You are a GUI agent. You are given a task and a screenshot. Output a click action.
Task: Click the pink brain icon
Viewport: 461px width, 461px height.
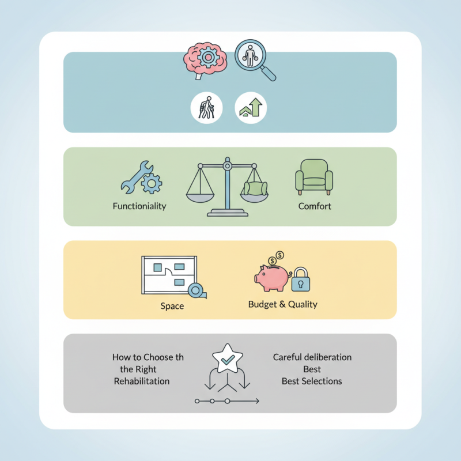(205, 60)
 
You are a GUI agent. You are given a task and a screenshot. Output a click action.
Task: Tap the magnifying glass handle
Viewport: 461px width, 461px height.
(268, 73)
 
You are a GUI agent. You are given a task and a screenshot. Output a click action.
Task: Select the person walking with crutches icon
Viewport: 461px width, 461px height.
(206, 108)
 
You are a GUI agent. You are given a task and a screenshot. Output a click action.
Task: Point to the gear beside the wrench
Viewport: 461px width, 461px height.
(152, 183)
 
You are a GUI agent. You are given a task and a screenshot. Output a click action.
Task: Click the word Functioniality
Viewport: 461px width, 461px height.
(139, 206)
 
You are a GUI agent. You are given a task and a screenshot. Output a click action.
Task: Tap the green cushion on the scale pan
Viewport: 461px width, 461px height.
(255, 188)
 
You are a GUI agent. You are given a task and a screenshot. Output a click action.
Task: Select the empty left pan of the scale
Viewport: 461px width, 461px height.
(200, 198)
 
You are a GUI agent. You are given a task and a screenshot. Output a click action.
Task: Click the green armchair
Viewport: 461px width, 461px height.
(314, 177)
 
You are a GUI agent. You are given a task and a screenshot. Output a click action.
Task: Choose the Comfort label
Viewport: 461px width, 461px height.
(315, 206)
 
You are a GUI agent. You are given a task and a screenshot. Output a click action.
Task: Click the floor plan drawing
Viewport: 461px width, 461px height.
(169, 275)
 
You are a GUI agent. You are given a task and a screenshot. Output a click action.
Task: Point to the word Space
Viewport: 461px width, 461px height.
(172, 306)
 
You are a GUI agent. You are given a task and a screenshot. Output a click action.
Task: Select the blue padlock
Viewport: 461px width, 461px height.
(300, 279)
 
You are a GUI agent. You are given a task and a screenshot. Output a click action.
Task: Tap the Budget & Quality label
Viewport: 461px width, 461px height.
(283, 304)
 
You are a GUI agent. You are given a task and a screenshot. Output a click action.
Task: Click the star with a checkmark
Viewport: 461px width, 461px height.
(227, 358)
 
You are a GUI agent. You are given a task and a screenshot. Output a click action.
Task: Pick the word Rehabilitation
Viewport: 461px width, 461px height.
(142, 381)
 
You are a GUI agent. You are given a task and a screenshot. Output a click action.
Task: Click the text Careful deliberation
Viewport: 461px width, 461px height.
(312, 357)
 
